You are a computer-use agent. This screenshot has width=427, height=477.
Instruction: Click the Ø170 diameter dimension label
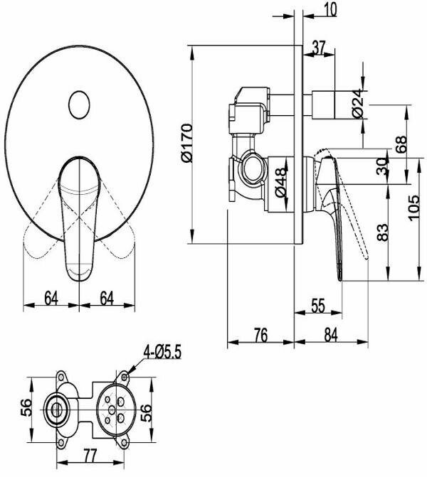[x=186, y=143]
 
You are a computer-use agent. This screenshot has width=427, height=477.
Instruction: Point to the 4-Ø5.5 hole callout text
[x=162, y=353]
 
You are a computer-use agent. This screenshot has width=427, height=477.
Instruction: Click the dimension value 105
[x=413, y=208]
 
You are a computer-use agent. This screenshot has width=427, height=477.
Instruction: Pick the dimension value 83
[x=383, y=232]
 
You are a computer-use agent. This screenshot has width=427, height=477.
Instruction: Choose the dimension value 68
[x=401, y=144]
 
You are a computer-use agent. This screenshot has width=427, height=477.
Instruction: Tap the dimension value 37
[x=320, y=48]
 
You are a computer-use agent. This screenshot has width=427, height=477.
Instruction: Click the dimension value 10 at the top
[x=330, y=9]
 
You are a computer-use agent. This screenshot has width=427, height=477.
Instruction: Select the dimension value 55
[x=318, y=306]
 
